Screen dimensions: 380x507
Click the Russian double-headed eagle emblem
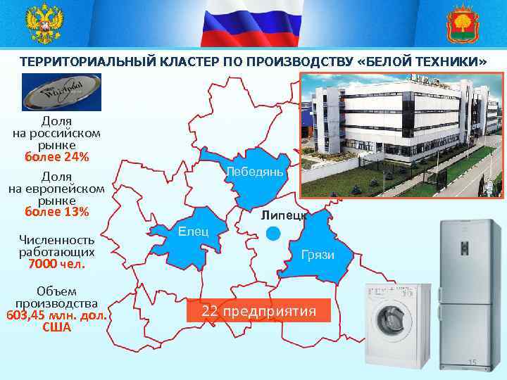tap(44, 24)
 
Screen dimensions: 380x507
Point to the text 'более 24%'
tap(56, 156)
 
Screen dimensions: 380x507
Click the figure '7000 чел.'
tap(56, 265)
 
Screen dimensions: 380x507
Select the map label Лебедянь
tap(254, 172)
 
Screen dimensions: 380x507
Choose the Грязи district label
tap(317, 255)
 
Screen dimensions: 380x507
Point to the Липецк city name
tap(282, 215)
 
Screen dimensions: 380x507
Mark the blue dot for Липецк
tap(274, 234)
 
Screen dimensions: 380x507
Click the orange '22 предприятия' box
tap(258, 311)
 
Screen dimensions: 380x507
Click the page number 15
tap(472, 362)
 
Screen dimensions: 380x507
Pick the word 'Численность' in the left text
tap(56, 239)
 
